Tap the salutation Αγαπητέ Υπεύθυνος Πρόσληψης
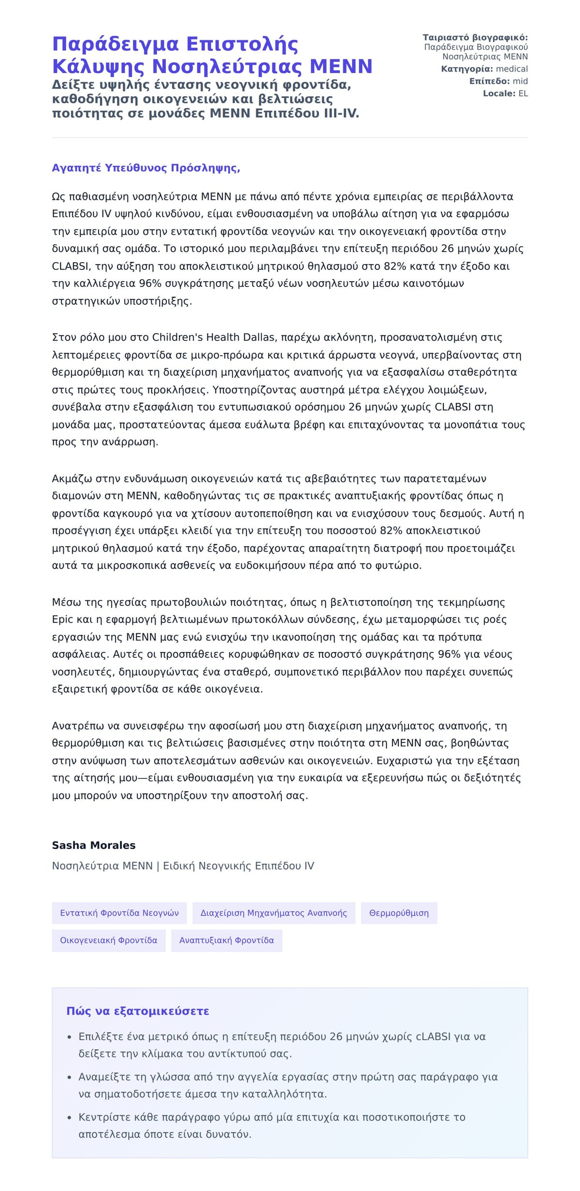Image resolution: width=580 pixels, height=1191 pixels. coord(146,168)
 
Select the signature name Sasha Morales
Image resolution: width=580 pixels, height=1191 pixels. coord(94,845)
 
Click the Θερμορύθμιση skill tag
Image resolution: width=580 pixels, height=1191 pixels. coord(399,913)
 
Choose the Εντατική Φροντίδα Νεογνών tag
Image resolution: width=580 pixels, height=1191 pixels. coord(119,913)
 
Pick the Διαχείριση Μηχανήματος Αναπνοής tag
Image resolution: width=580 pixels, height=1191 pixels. coord(274,913)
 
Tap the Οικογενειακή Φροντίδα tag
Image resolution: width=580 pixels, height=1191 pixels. coord(109,940)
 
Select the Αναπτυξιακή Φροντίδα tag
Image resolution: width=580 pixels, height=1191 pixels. coord(227,940)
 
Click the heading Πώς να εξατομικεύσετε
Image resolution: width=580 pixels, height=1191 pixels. coord(138,1011)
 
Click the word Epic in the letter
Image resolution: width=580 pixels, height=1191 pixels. coord(63,620)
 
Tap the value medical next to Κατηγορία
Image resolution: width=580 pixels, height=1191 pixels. coord(512,69)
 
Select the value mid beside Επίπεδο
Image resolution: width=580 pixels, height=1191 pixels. coord(520,81)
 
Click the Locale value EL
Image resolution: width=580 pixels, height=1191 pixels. coord(523,93)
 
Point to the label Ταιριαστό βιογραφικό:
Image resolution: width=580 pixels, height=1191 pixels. coord(475,38)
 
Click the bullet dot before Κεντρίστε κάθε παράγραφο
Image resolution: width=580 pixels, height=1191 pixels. coord(69,1117)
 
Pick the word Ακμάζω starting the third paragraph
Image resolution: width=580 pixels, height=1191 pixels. coord(72,479)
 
